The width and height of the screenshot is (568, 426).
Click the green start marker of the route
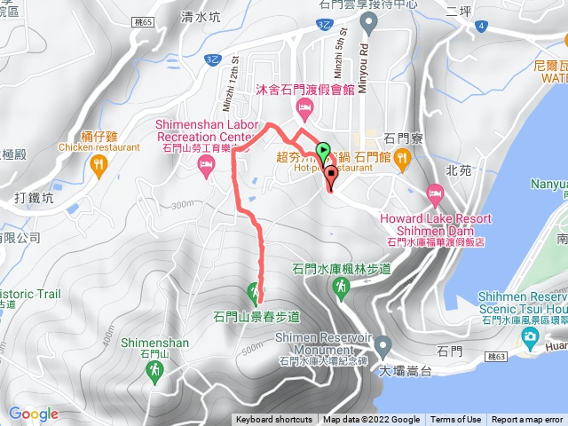point(323,152)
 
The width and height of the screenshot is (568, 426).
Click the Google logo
point(34,414)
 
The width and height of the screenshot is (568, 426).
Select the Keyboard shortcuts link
point(273,420)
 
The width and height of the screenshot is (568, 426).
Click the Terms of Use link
point(456,420)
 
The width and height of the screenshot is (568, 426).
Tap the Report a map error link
point(527,420)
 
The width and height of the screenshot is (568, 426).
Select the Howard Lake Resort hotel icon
point(435,193)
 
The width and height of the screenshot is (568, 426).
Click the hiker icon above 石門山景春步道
point(255,290)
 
